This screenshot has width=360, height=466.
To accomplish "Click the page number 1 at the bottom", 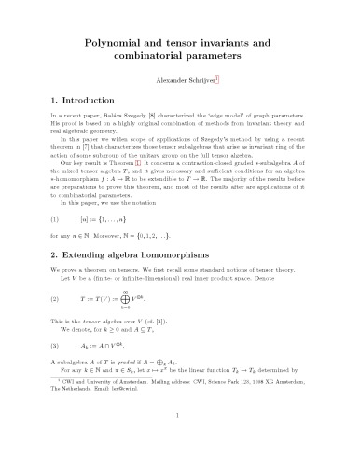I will tap(179, 459).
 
